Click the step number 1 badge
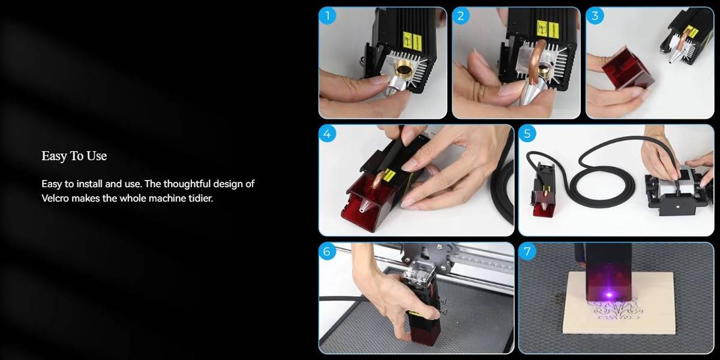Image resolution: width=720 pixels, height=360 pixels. [328, 16]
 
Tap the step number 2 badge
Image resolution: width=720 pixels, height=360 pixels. [461, 16]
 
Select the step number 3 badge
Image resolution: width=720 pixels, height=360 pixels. [595, 16]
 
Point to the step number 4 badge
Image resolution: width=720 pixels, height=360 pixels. [328, 133]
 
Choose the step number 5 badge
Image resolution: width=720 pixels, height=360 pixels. [527, 133]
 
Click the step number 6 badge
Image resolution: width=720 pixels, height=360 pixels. [328, 251]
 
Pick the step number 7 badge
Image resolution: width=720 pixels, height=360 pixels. [527, 251]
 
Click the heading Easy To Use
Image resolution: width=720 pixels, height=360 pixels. [74, 156]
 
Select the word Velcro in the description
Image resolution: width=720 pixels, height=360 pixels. [55, 198]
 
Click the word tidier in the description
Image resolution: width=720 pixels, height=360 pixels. [201, 198]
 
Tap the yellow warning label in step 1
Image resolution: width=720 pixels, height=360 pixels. [412, 41]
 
